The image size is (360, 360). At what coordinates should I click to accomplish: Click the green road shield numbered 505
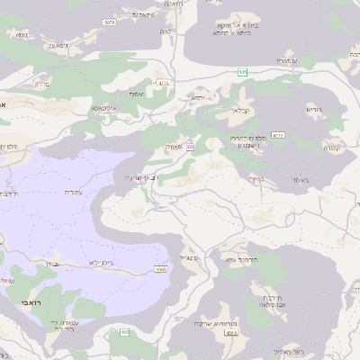tap(243, 71)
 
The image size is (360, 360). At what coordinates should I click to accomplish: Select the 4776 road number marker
tap(163, 84)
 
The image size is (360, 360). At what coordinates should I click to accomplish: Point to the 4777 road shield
tap(278, 135)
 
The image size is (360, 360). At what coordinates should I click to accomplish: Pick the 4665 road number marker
tap(161, 268)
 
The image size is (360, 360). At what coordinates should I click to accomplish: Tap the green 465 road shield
tap(124, 333)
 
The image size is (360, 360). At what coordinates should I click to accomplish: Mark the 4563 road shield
tap(231, 333)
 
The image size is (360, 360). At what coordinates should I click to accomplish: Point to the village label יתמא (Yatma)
tap(198, 97)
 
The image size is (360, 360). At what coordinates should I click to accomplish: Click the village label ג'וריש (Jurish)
tap(312, 110)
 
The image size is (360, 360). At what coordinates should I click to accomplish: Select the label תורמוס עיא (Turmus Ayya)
tap(241, 259)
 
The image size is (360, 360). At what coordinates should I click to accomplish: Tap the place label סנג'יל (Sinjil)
tap(190, 258)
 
